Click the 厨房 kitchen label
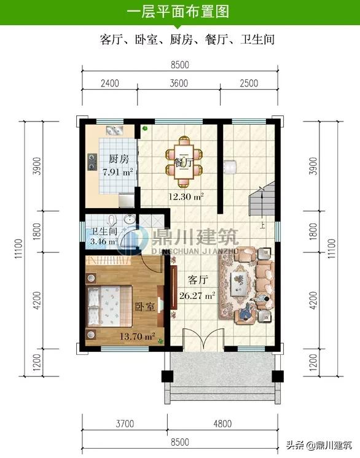tap(119, 159)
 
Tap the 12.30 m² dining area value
tap(186, 196)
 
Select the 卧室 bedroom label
tap(144, 307)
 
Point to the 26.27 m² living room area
tap(197, 295)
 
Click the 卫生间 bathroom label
tap(104, 231)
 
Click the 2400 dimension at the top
tap(110, 83)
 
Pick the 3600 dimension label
tap(179, 83)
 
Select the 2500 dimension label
tap(249, 83)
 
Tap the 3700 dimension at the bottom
tap(125, 424)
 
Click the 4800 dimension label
tap(222, 424)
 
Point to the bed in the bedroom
tap(109, 306)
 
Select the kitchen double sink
tap(114, 131)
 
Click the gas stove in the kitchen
tap(92, 162)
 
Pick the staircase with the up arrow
tap(262, 199)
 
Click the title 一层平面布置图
tap(178, 12)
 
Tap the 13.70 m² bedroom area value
tap(138, 336)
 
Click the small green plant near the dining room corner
tap(144, 128)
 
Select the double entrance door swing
tap(203, 340)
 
